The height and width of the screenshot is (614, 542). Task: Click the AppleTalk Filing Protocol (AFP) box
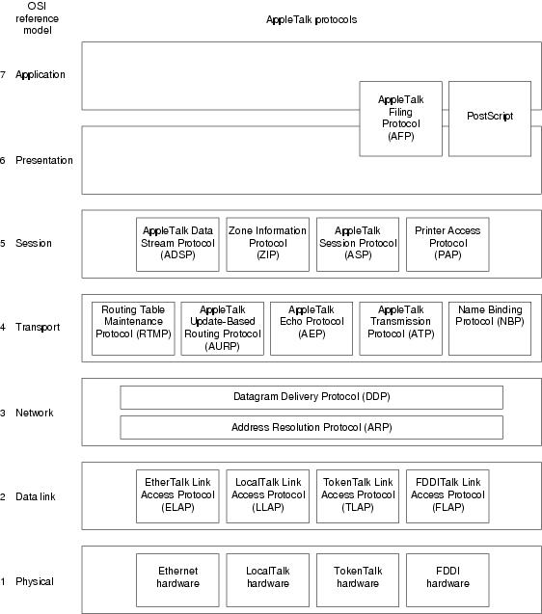point(400,119)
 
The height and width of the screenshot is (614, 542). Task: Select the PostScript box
point(490,119)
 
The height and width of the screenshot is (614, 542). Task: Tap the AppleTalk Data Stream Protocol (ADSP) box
point(177,245)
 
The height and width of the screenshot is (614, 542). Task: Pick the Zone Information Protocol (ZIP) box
point(268,245)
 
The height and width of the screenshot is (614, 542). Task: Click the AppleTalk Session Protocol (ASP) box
point(358,245)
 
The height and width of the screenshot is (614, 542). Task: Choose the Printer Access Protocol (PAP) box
point(447,245)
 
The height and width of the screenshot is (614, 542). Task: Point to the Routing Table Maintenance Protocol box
point(133,329)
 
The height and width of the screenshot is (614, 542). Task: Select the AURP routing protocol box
point(222,329)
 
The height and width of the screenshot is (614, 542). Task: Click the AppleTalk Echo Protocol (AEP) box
point(312,329)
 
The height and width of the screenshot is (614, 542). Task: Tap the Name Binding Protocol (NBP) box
point(490,329)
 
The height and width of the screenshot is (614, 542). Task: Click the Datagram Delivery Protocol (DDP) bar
point(312,397)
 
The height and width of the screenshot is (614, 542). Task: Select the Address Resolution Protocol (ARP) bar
point(312,427)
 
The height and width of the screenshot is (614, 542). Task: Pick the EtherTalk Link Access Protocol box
point(177,496)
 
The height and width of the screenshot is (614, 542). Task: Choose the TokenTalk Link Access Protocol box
point(358,496)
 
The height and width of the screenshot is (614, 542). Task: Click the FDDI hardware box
point(447,580)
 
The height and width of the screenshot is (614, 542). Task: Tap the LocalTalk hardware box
point(268,580)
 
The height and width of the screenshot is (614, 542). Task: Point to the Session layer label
point(34,243)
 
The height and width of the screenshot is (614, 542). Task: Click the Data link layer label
point(36,496)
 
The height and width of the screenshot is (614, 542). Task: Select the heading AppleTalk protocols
point(312,19)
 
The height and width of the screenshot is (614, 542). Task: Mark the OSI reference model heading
point(38,18)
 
